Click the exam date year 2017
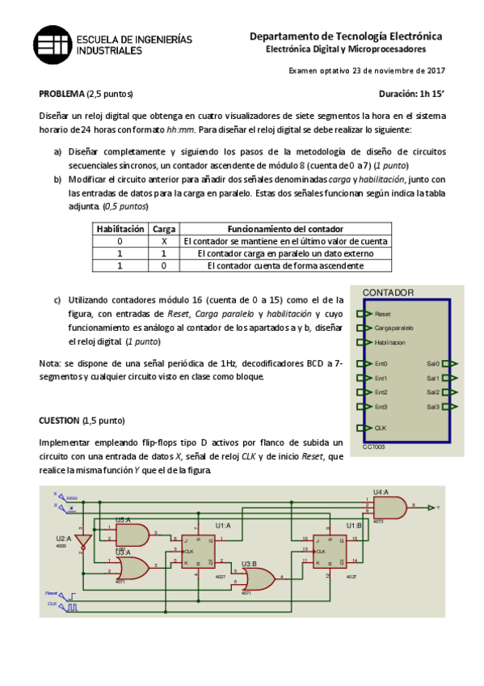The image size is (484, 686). click(436, 71)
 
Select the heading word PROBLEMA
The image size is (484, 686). click(61, 93)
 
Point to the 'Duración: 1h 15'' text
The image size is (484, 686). click(411, 93)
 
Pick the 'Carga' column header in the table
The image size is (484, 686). click(165, 229)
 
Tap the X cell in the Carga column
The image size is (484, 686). click(165, 241)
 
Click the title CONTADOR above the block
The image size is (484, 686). click(388, 293)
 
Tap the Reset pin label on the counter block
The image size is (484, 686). click(382, 313)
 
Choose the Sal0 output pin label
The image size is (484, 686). click(432, 364)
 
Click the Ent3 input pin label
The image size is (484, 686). click(381, 406)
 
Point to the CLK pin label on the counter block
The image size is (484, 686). click(380, 427)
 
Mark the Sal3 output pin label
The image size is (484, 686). click(432, 406)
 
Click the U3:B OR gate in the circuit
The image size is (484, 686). click(258, 578)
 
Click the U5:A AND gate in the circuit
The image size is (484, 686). click(132, 534)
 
